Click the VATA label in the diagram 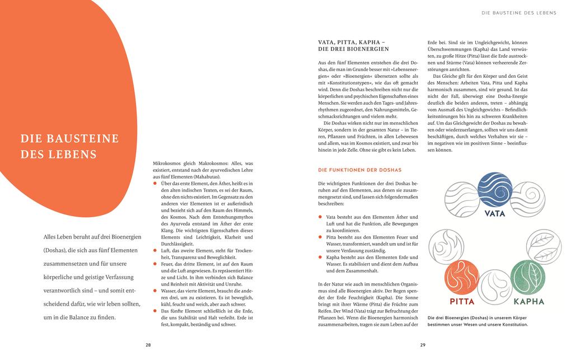(495, 213)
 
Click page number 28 (148, 345)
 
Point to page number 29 (423, 345)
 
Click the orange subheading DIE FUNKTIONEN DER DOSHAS (359, 170)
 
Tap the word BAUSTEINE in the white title (87, 138)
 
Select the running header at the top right (518, 13)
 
